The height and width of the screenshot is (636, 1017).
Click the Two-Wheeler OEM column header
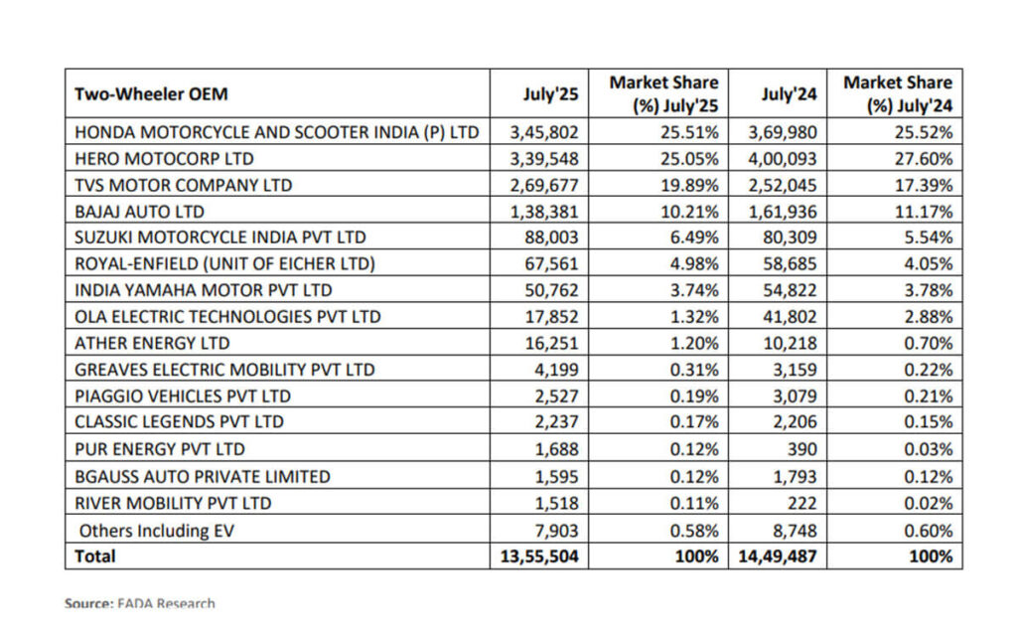tap(151, 94)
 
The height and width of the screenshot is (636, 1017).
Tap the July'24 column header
tap(789, 94)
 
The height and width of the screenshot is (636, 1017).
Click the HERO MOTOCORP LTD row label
tap(164, 158)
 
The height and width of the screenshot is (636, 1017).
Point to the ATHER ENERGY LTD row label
tap(152, 343)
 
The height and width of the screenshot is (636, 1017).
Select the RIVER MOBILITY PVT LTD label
tap(174, 503)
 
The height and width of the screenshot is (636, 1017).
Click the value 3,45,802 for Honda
tap(544, 131)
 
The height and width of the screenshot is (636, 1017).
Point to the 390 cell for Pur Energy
tap(800, 449)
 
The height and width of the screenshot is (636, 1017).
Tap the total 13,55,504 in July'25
tap(539, 556)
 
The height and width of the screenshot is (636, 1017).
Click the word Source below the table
tap(87, 603)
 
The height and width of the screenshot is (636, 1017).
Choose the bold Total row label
tap(95, 556)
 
